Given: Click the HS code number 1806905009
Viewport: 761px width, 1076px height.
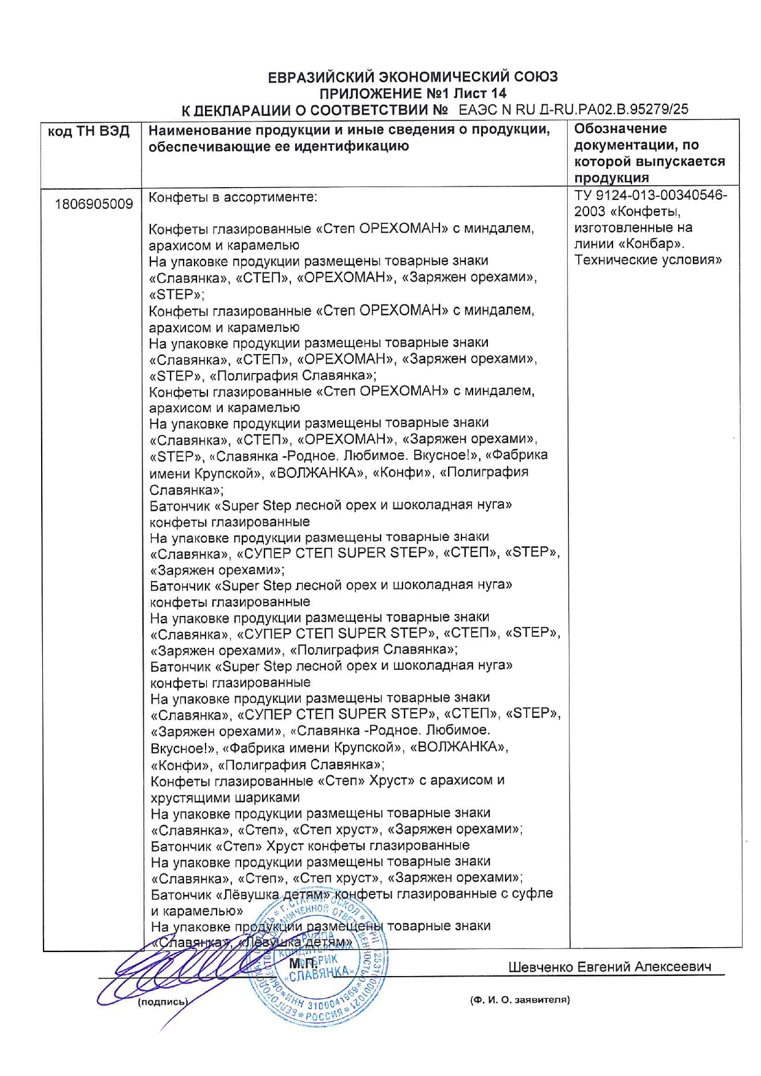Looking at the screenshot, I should tap(93, 204).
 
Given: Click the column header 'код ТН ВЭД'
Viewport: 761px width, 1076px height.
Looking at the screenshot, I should tap(89, 132).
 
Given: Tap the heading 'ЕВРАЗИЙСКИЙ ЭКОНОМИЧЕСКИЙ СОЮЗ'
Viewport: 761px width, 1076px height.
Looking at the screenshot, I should tap(412, 77).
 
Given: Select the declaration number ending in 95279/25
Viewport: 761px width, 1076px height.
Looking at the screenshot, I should tap(573, 110).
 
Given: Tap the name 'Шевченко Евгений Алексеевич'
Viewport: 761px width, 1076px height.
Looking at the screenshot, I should tap(609, 967).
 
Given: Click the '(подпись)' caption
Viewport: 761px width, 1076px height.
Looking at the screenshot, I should tap(163, 1002).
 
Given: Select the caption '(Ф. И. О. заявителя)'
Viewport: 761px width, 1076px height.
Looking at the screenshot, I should tap(519, 1000).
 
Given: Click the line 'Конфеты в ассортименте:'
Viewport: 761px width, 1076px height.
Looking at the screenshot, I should tap(233, 198).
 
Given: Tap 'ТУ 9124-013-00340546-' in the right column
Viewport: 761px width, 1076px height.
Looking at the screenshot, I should tap(651, 196).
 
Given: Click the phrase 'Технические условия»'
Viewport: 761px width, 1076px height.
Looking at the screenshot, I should tap(647, 259).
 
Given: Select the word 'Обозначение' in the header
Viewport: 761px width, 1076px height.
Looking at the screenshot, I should tap(620, 129).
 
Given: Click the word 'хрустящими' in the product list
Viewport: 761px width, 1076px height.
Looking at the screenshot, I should tap(190, 797).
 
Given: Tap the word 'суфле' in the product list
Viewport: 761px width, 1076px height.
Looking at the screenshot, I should tap(535, 894).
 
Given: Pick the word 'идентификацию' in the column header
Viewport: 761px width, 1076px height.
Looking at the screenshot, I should tap(349, 147).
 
